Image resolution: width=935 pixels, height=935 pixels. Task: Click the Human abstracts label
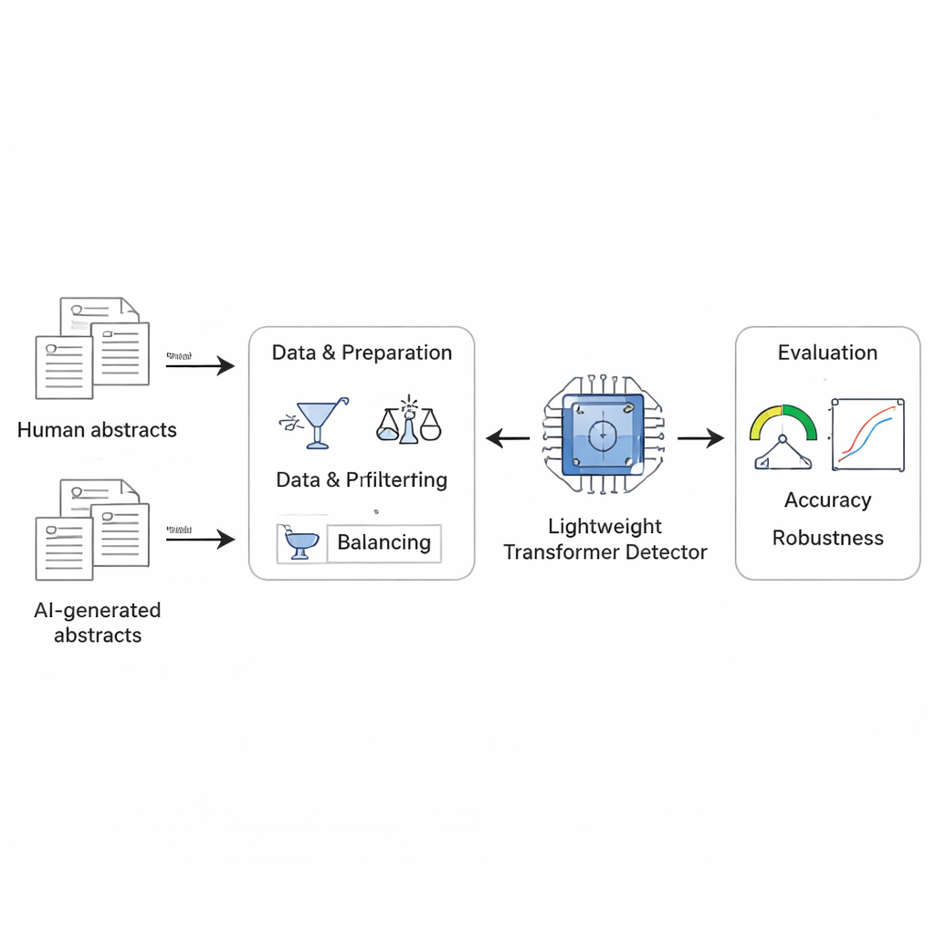pos(97,429)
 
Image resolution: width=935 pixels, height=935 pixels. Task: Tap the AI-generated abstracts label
pos(97,623)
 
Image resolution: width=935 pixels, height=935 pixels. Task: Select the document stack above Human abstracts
pos(91,346)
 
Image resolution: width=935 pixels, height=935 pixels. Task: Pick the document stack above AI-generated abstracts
pos(91,529)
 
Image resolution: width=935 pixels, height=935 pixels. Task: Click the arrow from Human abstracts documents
pos(200,366)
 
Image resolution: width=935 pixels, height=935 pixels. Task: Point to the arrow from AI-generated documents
pos(200,540)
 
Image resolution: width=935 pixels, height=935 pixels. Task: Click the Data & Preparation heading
pos(362,352)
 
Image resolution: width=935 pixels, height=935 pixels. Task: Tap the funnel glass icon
pos(315,421)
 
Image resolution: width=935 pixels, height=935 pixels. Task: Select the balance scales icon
pos(408,421)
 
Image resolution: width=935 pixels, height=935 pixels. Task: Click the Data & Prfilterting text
pos(362,479)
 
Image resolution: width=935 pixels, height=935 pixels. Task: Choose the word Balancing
pos(383,542)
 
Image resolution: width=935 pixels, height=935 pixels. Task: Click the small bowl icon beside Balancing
pos(299,543)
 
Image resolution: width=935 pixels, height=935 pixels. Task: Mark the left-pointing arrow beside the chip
pos(508,439)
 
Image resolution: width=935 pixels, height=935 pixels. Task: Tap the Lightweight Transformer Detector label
pos(604,539)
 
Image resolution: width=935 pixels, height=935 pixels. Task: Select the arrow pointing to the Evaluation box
pos(700,439)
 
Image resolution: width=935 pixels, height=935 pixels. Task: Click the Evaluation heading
pos(827,352)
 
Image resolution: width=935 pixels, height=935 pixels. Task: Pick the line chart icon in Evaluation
pos(867,435)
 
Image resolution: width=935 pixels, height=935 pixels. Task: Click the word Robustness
pos(827,538)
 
